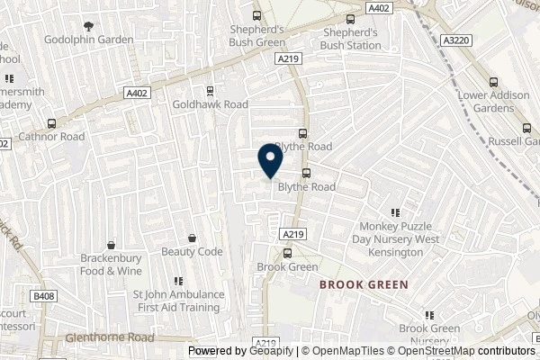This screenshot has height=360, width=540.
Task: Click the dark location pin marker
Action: pos(269,160)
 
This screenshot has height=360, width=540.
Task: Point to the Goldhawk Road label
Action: pos(210,104)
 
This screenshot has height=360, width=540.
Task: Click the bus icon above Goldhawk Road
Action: pos(210,90)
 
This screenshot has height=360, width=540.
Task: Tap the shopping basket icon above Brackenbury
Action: pos(111,244)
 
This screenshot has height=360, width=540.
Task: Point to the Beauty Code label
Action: pos(192,252)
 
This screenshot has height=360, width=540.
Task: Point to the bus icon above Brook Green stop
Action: pos(287,253)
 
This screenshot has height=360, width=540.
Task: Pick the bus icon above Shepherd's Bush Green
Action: pos(257,15)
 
